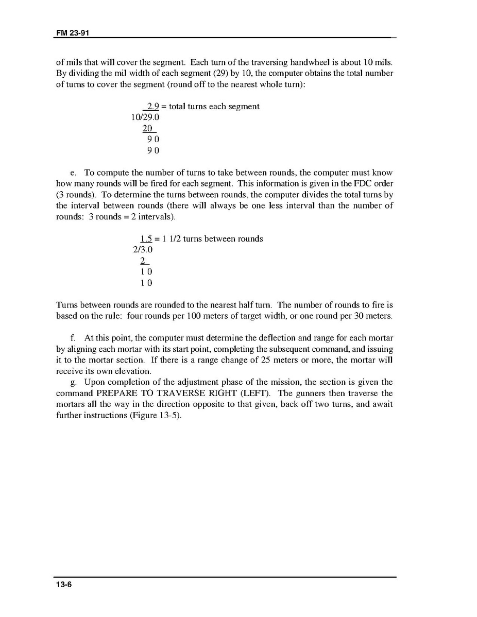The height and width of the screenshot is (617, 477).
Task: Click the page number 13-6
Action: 64,585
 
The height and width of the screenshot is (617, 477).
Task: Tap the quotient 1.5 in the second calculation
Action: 146,239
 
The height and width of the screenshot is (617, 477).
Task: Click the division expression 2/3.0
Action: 143,250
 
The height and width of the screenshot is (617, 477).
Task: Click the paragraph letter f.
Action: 73,338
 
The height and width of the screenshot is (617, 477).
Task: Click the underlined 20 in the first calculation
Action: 147,129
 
